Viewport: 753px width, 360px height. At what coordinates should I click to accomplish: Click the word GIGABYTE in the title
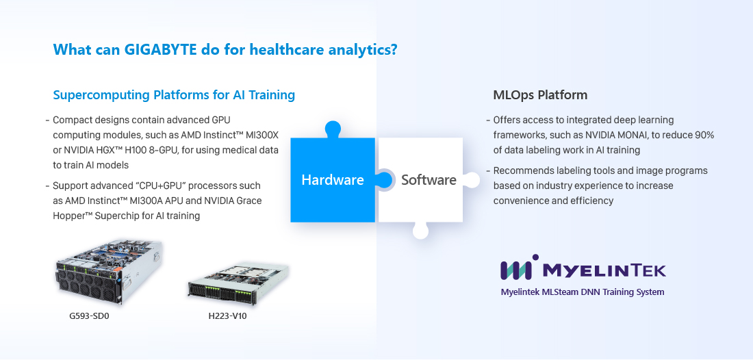click(x=161, y=49)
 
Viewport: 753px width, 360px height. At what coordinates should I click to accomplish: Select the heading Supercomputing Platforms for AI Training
click(x=174, y=95)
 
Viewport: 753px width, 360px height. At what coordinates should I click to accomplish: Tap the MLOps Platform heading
click(x=540, y=95)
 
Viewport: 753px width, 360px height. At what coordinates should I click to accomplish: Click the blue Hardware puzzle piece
click(x=333, y=179)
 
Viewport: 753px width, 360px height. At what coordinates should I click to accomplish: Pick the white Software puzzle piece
click(x=421, y=180)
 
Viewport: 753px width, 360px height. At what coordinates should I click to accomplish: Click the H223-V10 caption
click(x=228, y=316)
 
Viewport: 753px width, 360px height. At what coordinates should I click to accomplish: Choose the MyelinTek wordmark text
click(x=604, y=271)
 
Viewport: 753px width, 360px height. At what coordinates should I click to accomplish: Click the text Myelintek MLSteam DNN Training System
click(x=583, y=292)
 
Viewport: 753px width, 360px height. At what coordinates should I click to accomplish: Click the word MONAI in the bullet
click(x=650, y=135)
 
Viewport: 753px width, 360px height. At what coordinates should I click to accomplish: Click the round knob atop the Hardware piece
click(x=333, y=129)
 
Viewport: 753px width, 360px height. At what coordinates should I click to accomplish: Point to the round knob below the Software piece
click(x=421, y=231)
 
